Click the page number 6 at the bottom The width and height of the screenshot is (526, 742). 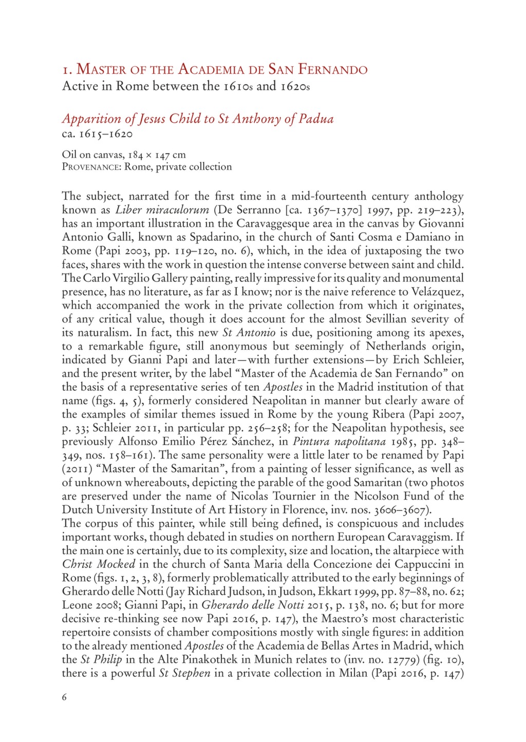65,697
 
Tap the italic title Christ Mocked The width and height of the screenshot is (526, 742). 98,564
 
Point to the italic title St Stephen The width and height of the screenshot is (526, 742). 184,673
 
